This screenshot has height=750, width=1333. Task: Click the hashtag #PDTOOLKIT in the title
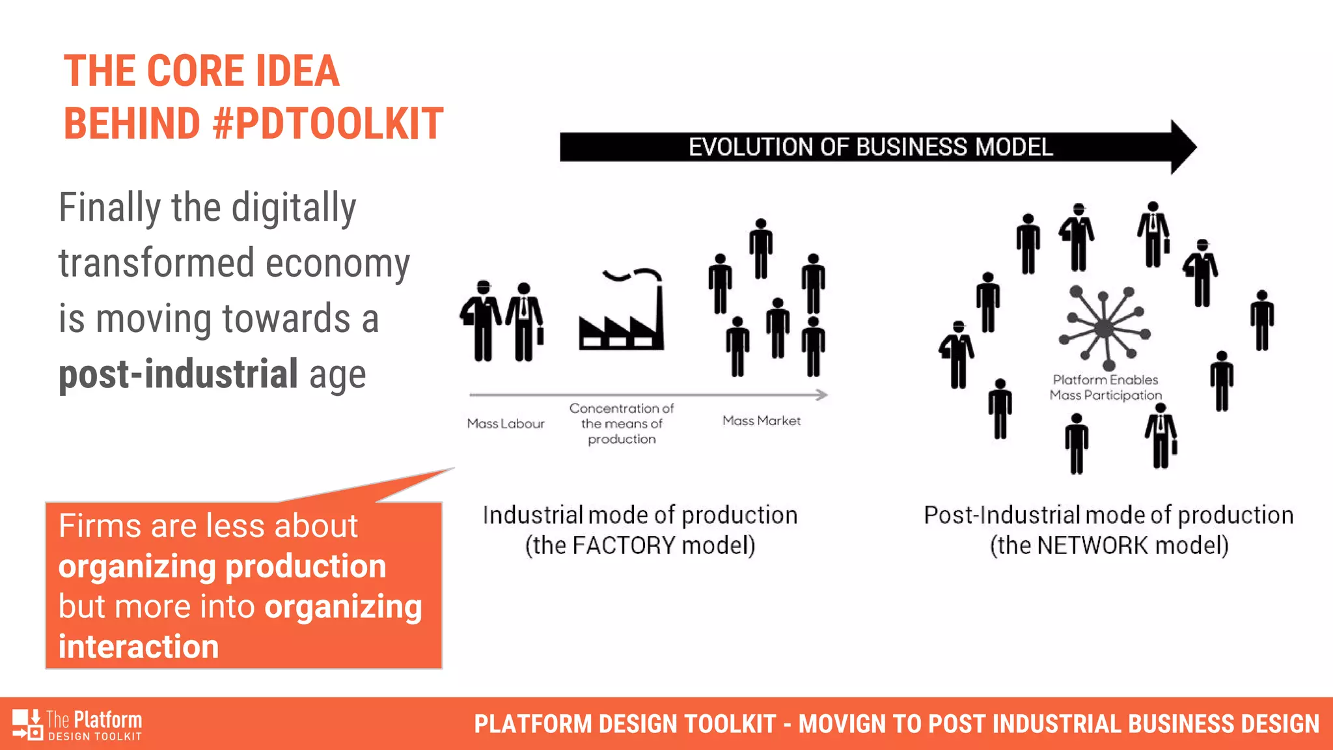pos(328,124)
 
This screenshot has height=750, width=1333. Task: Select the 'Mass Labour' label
pos(506,424)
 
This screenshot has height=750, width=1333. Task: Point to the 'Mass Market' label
pos(762,421)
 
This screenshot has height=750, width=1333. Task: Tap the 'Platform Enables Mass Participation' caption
pos(1105,387)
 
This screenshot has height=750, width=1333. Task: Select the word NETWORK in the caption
pos(1092,546)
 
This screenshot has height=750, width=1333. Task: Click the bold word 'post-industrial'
pos(178,374)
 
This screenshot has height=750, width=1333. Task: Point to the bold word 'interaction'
pos(139,647)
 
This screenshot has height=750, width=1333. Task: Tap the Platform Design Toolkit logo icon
pos(27,724)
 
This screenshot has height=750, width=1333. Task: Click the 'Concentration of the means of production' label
pos(622,424)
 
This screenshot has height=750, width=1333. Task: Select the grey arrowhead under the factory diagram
pos(821,395)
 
